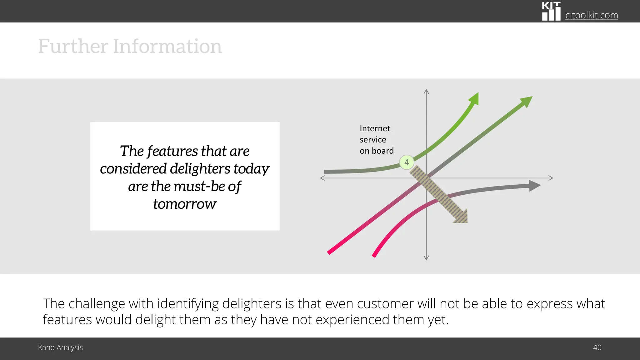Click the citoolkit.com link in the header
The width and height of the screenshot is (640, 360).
(x=591, y=15)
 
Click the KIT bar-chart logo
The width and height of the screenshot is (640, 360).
(x=551, y=12)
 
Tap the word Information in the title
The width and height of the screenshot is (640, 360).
(x=167, y=46)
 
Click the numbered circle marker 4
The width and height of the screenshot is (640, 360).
(x=407, y=162)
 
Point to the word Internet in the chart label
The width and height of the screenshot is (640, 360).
(x=375, y=128)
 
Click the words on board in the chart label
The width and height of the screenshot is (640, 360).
(x=377, y=151)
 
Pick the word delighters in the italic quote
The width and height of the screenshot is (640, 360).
(x=200, y=169)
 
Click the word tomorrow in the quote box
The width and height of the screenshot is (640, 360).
(x=185, y=204)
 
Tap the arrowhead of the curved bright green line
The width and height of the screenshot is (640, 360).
(x=474, y=98)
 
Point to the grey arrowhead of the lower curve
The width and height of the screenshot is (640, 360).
(x=535, y=186)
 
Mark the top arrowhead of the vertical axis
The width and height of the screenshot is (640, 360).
(x=426, y=92)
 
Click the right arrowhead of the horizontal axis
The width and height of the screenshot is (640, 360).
(x=551, y=178)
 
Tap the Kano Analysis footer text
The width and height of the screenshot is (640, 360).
(x=60, y=347)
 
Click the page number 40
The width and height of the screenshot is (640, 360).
(x=597, y=347)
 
